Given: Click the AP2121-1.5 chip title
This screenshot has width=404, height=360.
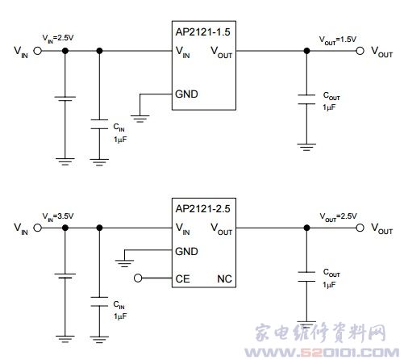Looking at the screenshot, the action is [202, 32].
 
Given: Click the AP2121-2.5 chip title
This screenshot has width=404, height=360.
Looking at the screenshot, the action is [202, 209].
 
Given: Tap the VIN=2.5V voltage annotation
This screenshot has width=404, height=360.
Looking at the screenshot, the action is [58, 38].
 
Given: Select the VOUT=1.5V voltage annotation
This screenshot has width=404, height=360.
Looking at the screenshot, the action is [338, 40].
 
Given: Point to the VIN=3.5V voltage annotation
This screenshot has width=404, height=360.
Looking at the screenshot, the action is [58, 216].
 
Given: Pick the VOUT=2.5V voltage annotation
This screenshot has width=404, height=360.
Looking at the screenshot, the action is [338, 216].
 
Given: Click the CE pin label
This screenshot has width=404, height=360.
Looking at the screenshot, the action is [182, 279].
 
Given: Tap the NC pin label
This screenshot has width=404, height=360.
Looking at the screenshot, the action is [224, 279].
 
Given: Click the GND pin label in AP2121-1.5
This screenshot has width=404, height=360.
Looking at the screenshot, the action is [186, 94].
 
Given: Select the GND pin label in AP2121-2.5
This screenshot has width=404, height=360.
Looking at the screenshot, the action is [186, 252].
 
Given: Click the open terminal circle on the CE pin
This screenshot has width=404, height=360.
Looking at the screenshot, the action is [138, 278].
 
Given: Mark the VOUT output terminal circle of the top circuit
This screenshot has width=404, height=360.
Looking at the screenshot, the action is [360, 51].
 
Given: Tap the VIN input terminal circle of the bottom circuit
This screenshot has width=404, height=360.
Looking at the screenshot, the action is [38, 228].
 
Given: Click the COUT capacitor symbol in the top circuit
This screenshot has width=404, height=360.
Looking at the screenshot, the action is [306, 99].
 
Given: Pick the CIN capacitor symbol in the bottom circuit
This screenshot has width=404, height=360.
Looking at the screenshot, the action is [99, 302].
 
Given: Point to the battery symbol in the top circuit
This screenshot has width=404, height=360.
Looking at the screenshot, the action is [65, 98].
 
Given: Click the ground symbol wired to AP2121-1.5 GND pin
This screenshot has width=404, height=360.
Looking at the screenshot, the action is [140, 119].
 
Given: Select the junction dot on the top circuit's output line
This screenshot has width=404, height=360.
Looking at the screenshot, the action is [306, 51].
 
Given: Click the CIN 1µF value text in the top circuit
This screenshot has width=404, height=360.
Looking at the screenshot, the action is [120, 140].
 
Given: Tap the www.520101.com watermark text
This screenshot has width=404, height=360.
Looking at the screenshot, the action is [322, 353].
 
